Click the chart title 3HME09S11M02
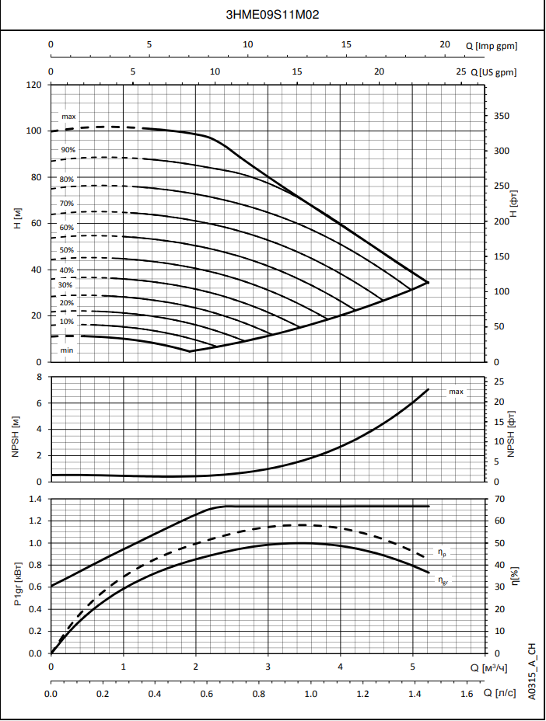click(272, 15)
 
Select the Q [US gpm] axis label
click(494, 72)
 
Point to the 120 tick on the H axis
click(34, 85)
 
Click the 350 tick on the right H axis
click(502, 117)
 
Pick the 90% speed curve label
click(68, 150)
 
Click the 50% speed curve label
click(68, 250)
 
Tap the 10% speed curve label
click(68, 322)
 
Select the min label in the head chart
click(68, 350)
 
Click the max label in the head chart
click(68, 117)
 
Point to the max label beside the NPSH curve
click(456, 392)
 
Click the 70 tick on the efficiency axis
click(500, 499)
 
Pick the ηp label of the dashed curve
click(442, 553)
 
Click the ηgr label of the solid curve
click(442, 579)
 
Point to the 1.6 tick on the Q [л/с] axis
click(467, 693)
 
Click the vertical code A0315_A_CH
click(532, 671)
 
